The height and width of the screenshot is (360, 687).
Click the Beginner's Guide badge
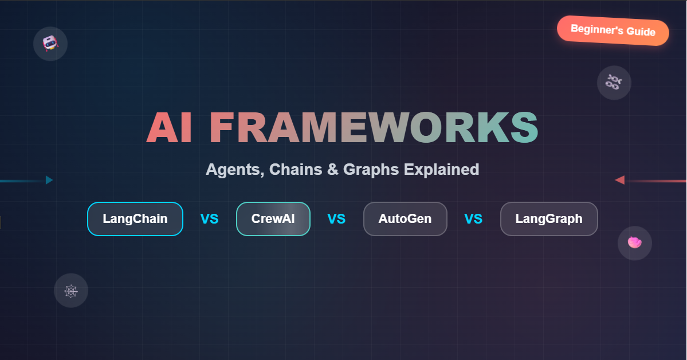(x=613, y=30)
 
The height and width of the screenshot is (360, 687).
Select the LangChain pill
(x=135, y=218)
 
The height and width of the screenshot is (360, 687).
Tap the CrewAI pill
(x=273, y=218)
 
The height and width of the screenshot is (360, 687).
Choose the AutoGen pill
(x=405, y=218)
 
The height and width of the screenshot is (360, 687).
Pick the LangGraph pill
(x=549, y=218)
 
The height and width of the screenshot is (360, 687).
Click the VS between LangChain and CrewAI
(x=210, y=219)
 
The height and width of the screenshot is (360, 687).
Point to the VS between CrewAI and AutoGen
(x=336, y=219)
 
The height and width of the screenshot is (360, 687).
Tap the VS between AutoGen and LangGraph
(x=473, y=219)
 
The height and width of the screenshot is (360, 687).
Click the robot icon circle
(x=50, y=44)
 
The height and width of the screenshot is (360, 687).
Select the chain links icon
(x=614, y=83)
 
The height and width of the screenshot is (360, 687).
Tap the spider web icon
(x=71, y=291)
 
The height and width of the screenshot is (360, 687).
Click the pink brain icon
(x=634, y=242)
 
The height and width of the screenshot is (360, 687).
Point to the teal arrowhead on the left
(x=49, y=180)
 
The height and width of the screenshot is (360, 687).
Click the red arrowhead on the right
(x=619, y=180)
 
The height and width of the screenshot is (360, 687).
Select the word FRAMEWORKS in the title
(x=374, y=127)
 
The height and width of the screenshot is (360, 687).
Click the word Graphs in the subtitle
(x=371, y=170)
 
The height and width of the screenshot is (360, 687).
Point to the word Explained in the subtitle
(x=441, y=170)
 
